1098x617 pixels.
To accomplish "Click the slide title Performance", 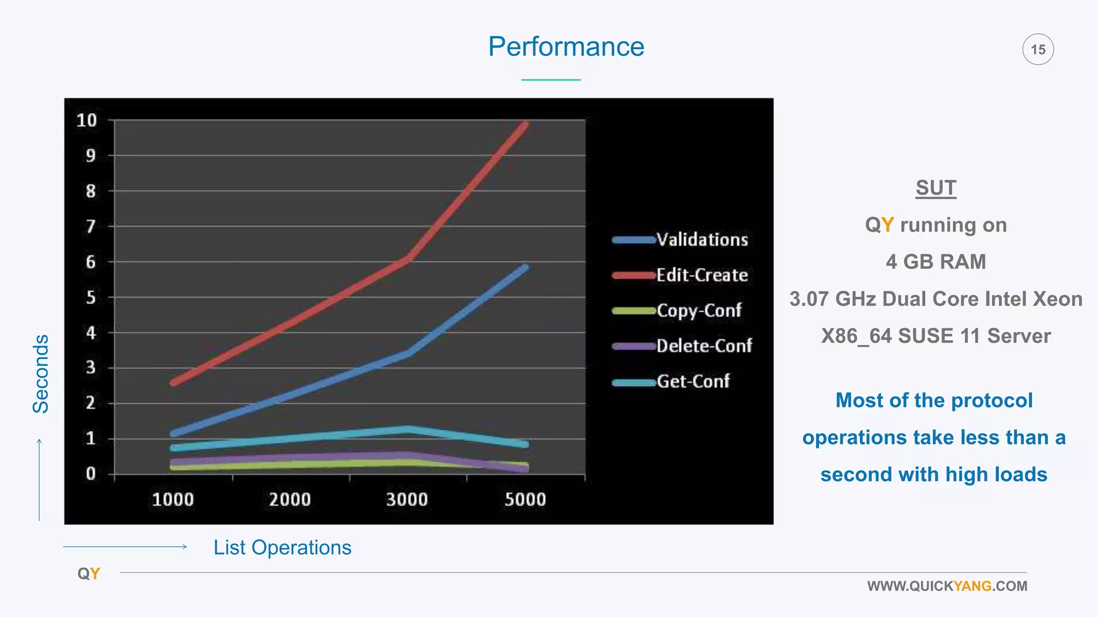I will pyautogui.click(x=566, y=47).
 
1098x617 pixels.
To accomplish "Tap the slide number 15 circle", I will pyautogui.click(x=1038, y=49).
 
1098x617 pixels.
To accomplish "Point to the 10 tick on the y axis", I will pyautogui.click(x=87, y=121).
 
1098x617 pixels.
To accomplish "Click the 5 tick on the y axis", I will pyautogui.click(x=91, y=298).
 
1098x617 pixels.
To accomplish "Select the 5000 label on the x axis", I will pyautogui.click(x=525, y=500).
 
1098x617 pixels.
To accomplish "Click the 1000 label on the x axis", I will pyautogui.click(x=173, y=500).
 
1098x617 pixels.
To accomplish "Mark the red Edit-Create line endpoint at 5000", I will pyautogui.click(x=525, y=125).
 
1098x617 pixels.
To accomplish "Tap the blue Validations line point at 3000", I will pyautogui.click(x=408, y=353).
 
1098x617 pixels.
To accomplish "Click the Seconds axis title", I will pyautogui.click(x=41, y=374).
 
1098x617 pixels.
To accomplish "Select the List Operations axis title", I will pyautogui.click(x=282, y=547).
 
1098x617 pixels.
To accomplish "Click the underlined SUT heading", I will pyautogui.click(x=936, y=188).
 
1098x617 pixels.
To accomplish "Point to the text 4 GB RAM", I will pyautogui.click(x=936, y=262).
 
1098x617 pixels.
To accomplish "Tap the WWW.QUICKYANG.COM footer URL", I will pyautogui.click(x=947, y=586).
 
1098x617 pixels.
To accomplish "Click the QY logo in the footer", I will pyautogui.click(x=89, y=574).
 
